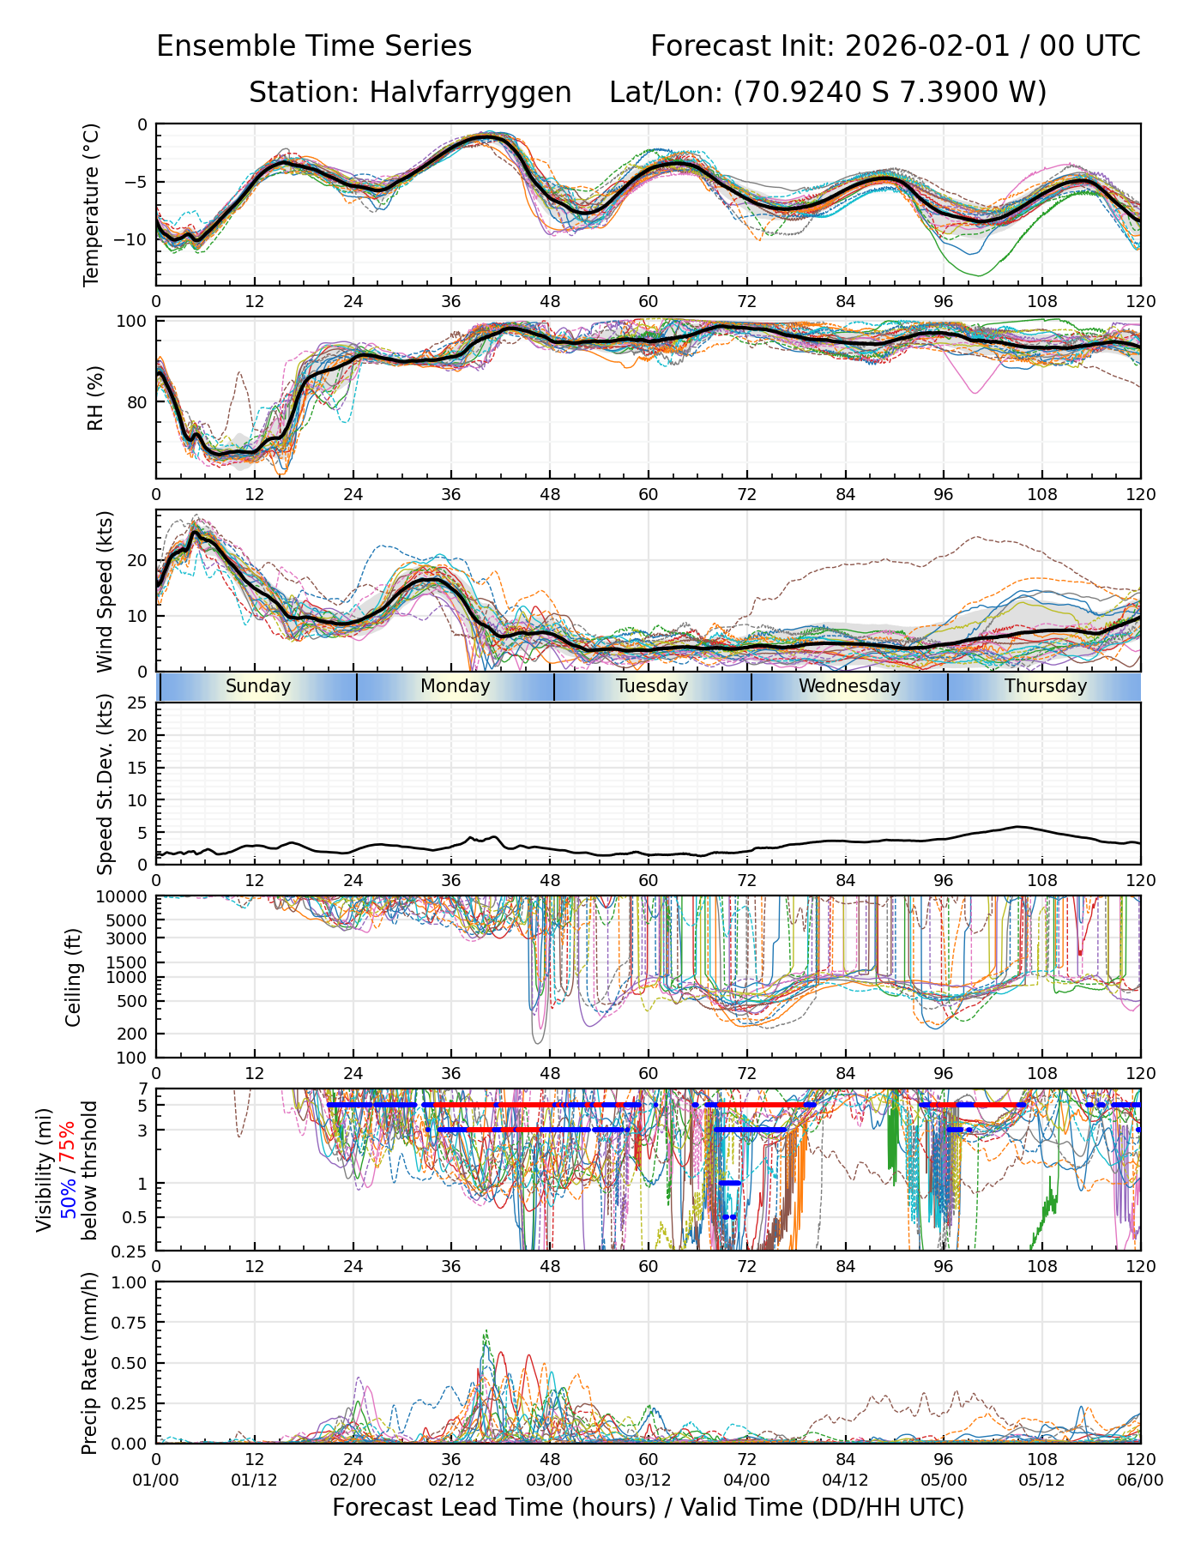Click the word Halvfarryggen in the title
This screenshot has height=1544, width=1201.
(x=470, y=93)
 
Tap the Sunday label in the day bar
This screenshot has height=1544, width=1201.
(x=258, y=686)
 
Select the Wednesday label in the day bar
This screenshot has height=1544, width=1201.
(x=849, y=686)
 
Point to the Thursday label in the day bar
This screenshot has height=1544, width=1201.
(x=1046, y=686)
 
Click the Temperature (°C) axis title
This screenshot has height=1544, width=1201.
(x=92, y=204)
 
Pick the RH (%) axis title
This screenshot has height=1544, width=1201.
(x=95, y=398)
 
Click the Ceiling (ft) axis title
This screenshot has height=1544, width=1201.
(x=74, y=977)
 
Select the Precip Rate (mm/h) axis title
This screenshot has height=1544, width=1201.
(x=89, y=1363)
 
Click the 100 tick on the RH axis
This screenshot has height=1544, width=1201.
(x=133, y=322)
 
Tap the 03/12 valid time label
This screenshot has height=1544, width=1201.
(x=648, y=1480)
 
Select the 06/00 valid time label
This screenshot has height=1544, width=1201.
(x=1140, y=1480)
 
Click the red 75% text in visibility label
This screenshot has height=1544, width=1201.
(x=68, y=1141)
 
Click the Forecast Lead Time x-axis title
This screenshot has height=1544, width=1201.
(x=648, y=1507)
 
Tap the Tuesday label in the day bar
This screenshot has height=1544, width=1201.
(x=652, y=686)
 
